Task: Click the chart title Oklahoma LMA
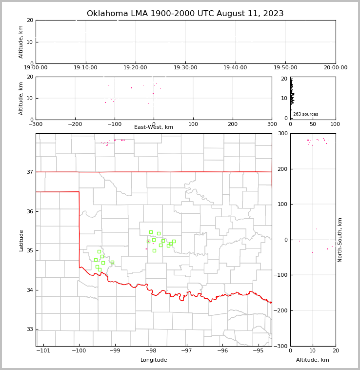pyautogui.click(x=185, y=14)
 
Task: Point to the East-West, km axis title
pyautogui.click(x=154, y=127)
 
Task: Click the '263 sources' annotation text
pyautogui.click(x=305, y=114)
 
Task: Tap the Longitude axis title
pyautogui.click(x=154, y=360)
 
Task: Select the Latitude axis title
pyautogui.click(x=21, y=240)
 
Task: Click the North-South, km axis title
pyautogui.click(x=340, y=240)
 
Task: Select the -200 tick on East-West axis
pyautogui.click(x=75, y=124)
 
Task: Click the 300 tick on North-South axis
pyautogui.click(x=282, y=134)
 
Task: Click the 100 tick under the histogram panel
pyautogui.click(x=335, y=124)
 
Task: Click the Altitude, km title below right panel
pyautogui.click(x=313, y=360)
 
